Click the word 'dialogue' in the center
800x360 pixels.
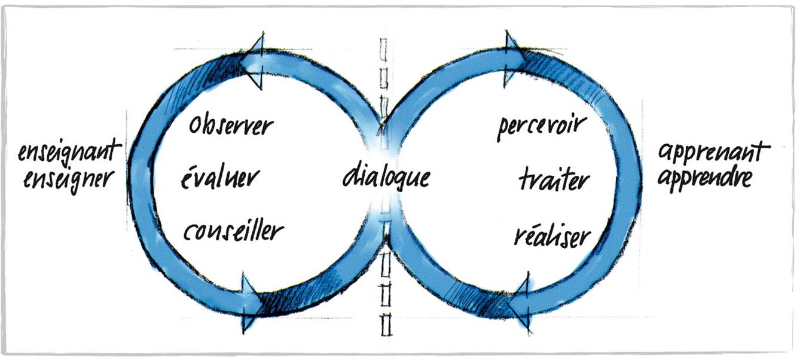point(386,178)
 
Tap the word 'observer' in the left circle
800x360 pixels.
point(231,126)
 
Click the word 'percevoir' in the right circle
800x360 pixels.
point(542,127)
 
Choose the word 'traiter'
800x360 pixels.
point(554,179)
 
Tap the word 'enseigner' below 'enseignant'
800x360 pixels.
point(68,178)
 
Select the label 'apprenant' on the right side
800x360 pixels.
point(710,153)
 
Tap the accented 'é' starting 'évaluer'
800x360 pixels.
point(186,178)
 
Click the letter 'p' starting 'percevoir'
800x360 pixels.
point(502,130)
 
